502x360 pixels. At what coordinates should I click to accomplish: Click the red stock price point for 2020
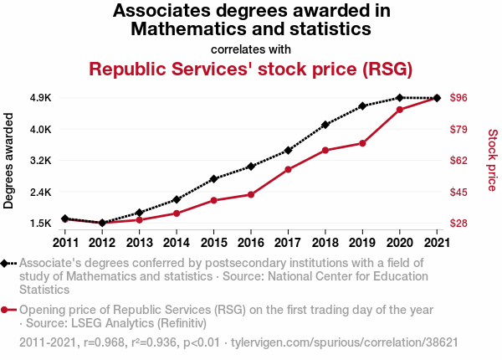[x=400, y=110]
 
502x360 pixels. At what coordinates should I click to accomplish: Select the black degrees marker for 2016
[x=251, y=167]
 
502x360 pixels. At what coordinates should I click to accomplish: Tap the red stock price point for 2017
[x=288, y=170]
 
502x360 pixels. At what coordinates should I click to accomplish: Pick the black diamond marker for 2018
[x=325, y=124]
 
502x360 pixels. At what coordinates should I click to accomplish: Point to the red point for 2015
[x=214, y=201]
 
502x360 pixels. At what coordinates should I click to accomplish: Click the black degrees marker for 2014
[x=177, y=199]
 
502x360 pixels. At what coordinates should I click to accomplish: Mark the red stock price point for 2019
[x=362, y=143]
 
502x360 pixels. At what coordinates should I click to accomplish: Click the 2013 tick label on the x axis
[x=139, y=243]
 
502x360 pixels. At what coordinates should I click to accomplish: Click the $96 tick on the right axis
[x=458, y=98]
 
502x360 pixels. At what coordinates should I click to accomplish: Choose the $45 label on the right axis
[x=458, y=192]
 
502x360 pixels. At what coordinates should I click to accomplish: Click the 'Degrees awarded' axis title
[x=9, y=161]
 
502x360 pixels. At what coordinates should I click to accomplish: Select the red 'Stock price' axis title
[x=492, y=159]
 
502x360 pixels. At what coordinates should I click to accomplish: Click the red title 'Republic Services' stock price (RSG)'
[x=251, y=69]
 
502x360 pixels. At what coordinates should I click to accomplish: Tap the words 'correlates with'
[x=251, y=49]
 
